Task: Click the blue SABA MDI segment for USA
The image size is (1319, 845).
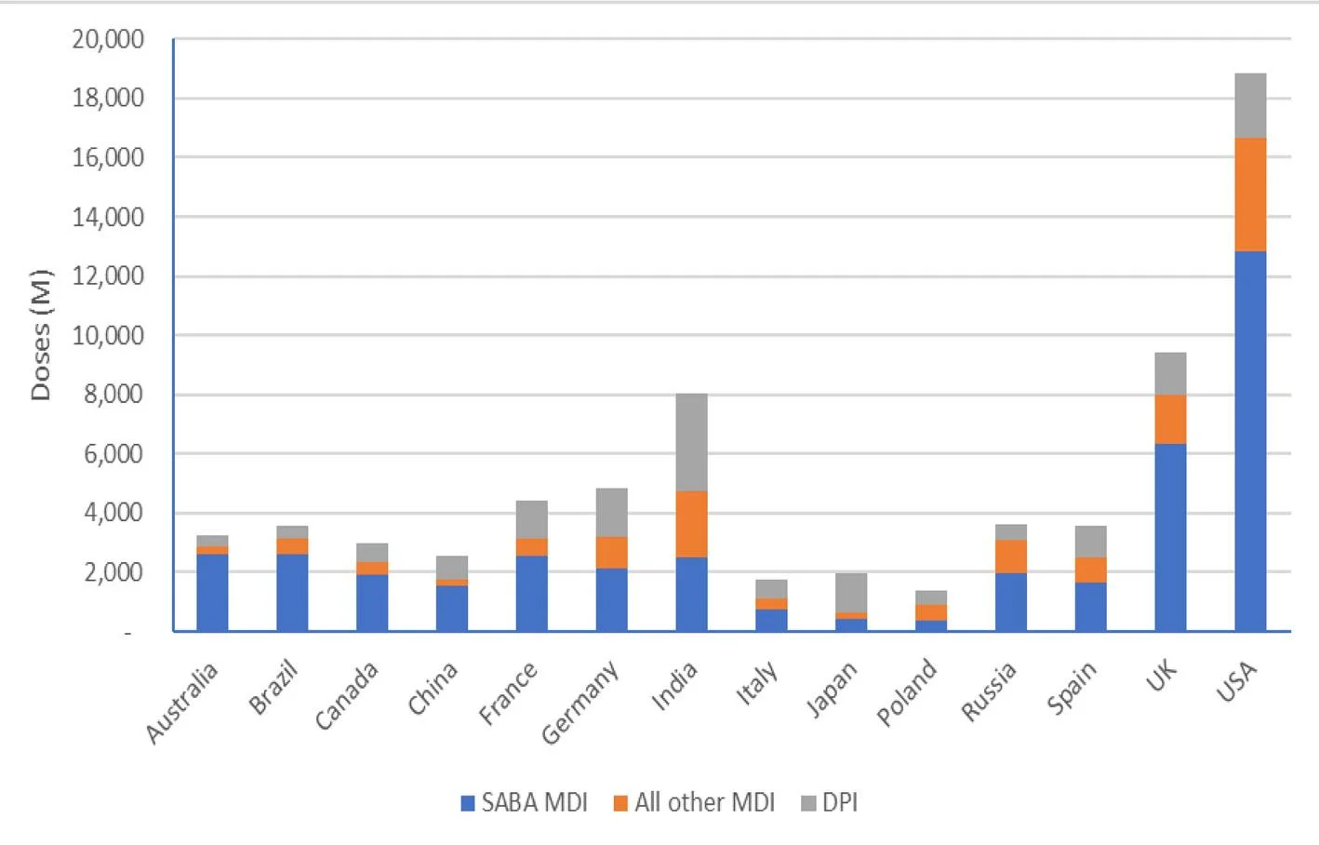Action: pyautogui.click(x=1249, y=441)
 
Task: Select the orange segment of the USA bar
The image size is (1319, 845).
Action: pyautogui.click(x=1249, y=194)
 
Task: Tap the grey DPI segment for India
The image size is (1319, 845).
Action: pyautogui.click(x=691, y=442)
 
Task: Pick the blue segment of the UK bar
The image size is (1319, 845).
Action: pyautogui.click(x=1170, y=537)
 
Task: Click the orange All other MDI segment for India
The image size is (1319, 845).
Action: pyautogui.click(x=691, y=524)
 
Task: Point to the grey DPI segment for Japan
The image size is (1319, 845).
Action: pyautogui.click(x=851, y=593)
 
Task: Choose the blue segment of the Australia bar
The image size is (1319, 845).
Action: pyautogui.click(x=212, y=593)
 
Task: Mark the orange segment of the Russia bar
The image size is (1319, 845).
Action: pyautogui.click(x=1011, y=557)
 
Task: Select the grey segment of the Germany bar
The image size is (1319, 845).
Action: pyautogui.click(x=611, y=513)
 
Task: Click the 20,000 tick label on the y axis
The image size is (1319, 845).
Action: pyautogui.click(x=109, y=40)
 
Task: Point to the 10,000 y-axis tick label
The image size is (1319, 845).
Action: pyautogui.click(x=109, y=336)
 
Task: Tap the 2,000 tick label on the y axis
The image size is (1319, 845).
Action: pyautogui.click(x=114, y=572)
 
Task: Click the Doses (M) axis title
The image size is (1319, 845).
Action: pyautogui.click(x=40, y=335)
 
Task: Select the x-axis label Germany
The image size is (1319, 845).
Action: pyautogui.click(x=580, y=703)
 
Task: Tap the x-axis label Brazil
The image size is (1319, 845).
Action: pyautogui.click(x=273, y=687)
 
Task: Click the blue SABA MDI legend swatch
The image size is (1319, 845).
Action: pyautogui.click(x=468, y=803)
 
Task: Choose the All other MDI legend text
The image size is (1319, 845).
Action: pyautogui.click(x=704, y=803)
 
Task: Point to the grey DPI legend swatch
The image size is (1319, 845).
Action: pyautogui.click(x=808, y=803)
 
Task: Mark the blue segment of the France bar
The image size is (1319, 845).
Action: pyautogui.click(x=532, y=593)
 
